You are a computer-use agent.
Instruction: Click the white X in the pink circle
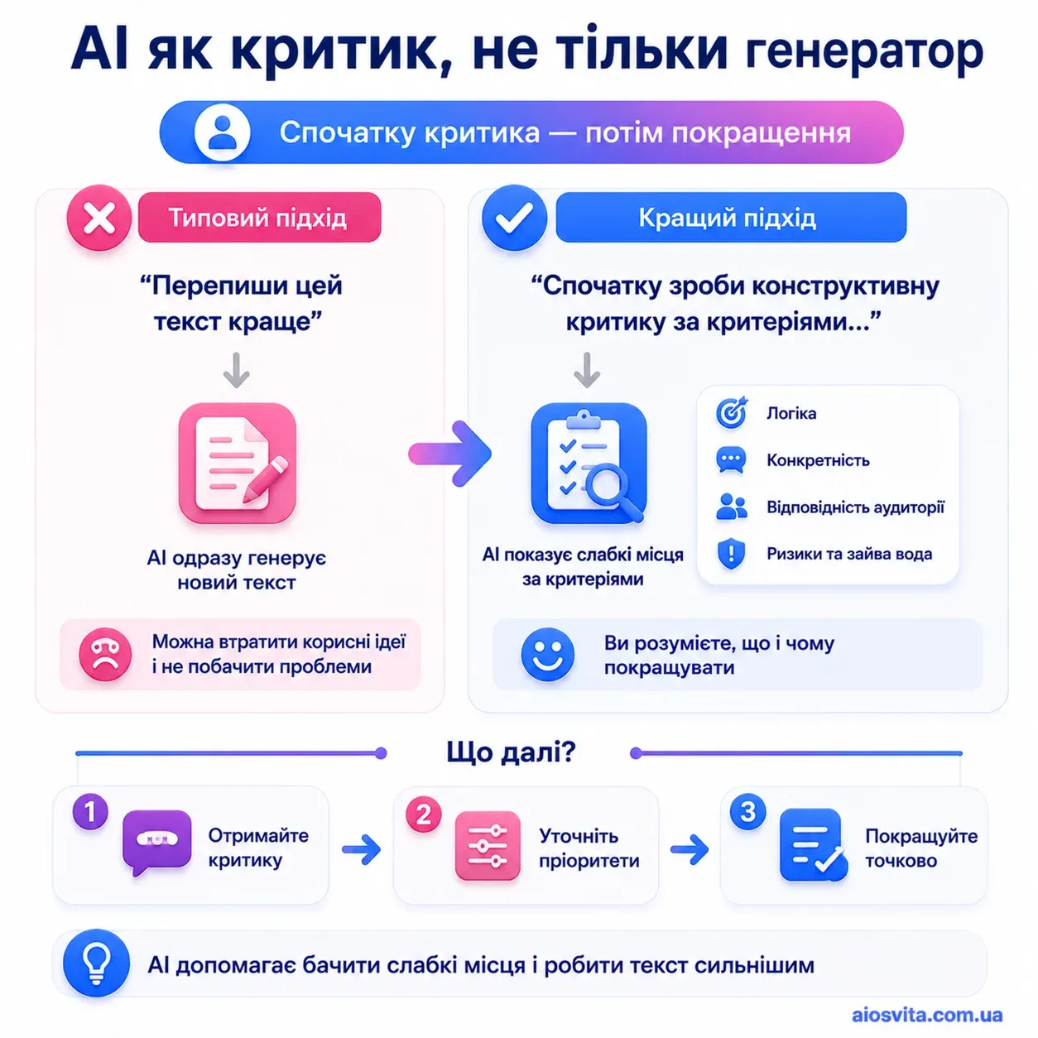tap(99, 219)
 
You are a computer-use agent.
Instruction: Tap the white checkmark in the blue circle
tap(514, 219)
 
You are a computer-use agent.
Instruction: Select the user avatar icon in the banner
tap(222, 132)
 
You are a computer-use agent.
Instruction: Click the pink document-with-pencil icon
tap(237, 464)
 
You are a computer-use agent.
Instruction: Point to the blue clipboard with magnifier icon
tap(589, 464)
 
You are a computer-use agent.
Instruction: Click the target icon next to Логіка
tap(731, 412)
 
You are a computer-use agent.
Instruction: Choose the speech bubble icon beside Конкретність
tap(731, 460)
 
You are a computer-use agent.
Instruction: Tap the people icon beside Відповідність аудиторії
tap(731, 507)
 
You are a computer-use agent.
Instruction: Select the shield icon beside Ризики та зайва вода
tap(731, 554)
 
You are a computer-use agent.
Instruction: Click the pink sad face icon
tap(105, 654)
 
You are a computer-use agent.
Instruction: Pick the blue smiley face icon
tap(547, 655)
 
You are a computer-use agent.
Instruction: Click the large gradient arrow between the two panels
tap(449, 454)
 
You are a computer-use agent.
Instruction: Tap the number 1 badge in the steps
tap(90, 811)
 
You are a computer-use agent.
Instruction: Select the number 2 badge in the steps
tap(423, 814)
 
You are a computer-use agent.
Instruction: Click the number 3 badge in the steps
tap(747, 811)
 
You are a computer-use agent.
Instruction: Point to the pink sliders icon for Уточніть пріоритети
tap(488, 846)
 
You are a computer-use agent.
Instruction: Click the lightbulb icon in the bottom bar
tap(96, 963)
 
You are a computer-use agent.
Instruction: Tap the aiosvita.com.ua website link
tap(927, 1015)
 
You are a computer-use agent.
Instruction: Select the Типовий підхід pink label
tap(260, 217)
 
